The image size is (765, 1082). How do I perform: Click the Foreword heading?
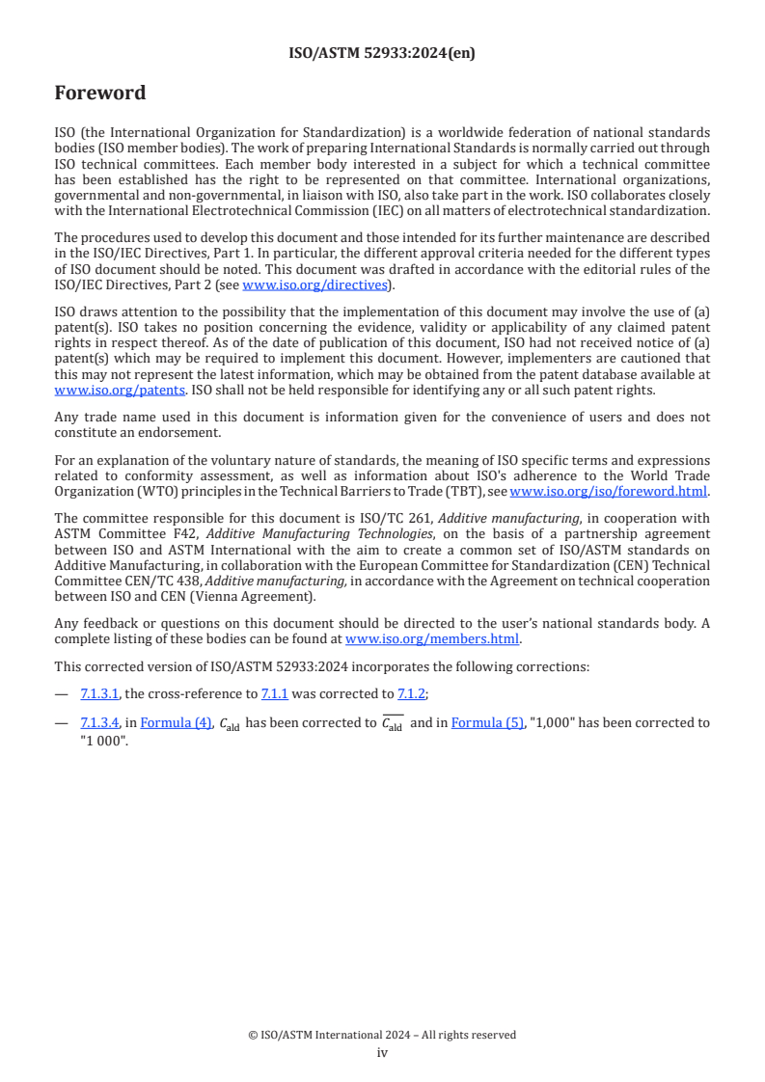pos(100,94)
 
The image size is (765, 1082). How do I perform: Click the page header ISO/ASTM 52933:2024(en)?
pos(382,54)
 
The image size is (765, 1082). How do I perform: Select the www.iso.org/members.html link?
pos(432,638)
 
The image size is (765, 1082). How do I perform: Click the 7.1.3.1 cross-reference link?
pos(100,693)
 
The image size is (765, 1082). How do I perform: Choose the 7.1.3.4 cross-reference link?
pos(100,722)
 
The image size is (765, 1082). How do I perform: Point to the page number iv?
pos(382,1053)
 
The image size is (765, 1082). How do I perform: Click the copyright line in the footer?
pos(382,1035)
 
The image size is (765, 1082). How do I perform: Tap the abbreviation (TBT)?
pos(471,491)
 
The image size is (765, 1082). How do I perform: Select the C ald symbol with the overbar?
pos(392,723)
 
